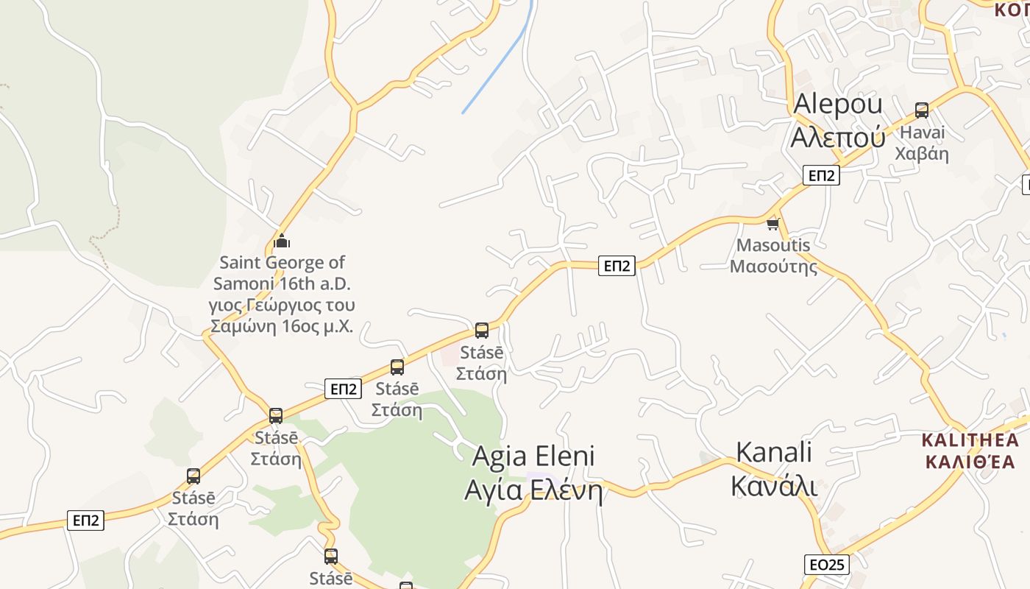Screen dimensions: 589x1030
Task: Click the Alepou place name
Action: click(x=837, y=105)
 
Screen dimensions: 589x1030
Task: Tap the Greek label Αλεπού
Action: click(x=837, y=137)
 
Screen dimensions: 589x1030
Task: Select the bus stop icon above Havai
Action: click(x=922, y=110)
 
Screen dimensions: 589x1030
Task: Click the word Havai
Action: click(x=922, y=133)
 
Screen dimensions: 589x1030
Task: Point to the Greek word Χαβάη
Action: click(x=922, y=154)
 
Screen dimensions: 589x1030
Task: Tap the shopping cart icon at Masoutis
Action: click(x=772, y=224)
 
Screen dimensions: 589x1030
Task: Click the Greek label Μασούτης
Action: click(x=773, y=266)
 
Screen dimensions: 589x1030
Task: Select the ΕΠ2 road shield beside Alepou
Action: click(x=822, y=175)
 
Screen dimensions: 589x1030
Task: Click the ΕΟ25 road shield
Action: click(x=827, y=565)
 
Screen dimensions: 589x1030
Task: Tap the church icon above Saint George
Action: click(x=282, y=241)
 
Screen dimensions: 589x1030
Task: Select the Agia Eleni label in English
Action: click(x=533, y=456)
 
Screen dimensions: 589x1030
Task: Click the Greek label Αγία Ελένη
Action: click(x=533, y=490)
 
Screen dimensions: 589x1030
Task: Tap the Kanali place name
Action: click(x=774, y=452)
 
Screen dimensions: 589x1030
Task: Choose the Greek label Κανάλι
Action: click(x=774, y=486)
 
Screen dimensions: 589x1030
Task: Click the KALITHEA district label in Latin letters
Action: click(x=970, y=441)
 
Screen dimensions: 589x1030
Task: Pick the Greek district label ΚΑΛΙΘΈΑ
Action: click(x=970, y=462)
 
